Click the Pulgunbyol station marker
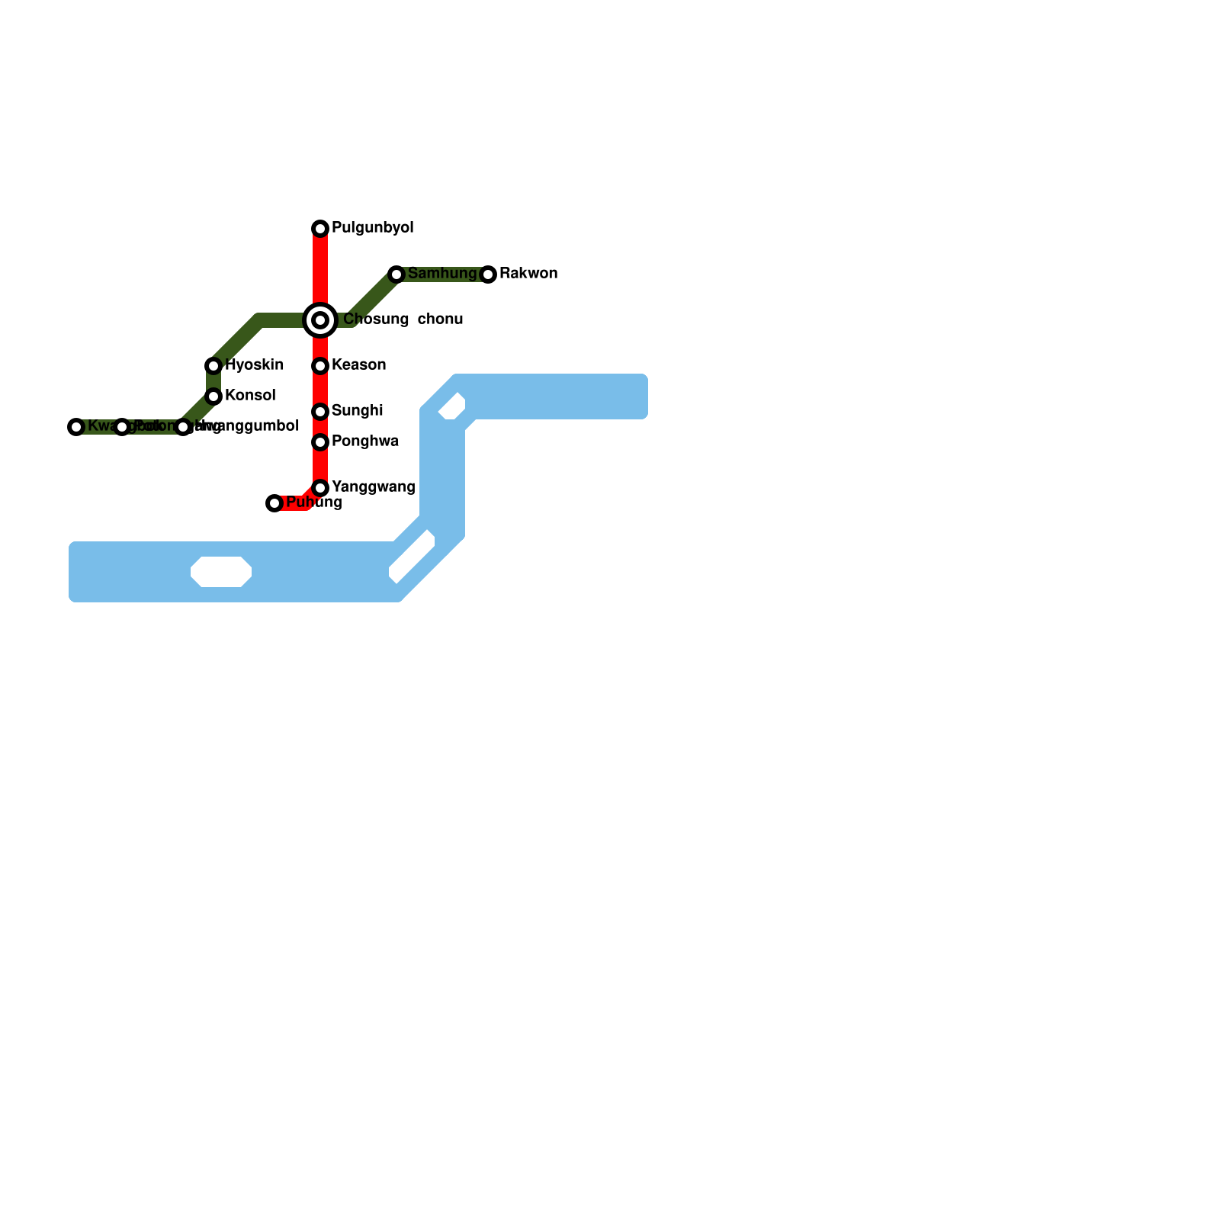[x=320, y=229]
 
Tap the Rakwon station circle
[x=488, y=274]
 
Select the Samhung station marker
[x=396, y=274]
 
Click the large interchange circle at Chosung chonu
[x=320, y=320]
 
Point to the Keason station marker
[x=320, y=366]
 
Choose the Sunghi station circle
[x=320, y=412]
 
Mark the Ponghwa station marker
[x=320, y=442]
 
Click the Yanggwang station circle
[x=320, y=488]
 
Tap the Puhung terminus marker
[x=274, y=503]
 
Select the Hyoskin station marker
[x=213, y=366]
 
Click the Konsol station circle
[x=213, y=396]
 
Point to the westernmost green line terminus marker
[x=76, y=427]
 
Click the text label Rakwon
[x=528, y=274]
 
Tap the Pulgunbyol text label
[x=373, y=228]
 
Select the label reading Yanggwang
[x=374, y=487]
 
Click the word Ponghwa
[x=365, y=441]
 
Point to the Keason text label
[x=359, y=365]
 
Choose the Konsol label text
[x=250, y=396]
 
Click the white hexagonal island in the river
[x=221, y=572]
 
